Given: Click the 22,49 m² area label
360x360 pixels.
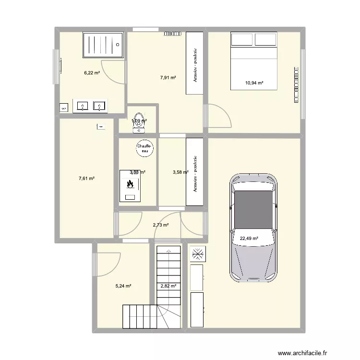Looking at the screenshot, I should pyautogui.click(x=249, y=238).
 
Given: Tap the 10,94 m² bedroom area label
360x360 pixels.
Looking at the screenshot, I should pyautogui.click(x=254, y=83).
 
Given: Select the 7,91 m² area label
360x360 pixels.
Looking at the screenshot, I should pyautogui.click(x=168, y=77).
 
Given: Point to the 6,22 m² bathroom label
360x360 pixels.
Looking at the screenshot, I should pyautogui.click(x=92, y=73).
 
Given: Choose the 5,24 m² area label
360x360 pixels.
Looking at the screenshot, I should pyautogui.click(x=123, y=286).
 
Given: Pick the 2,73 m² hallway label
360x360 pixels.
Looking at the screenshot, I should pyautogui.click(x=160, y=225).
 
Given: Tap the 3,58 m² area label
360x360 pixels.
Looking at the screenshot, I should pyautogui.click(x=181, y=172).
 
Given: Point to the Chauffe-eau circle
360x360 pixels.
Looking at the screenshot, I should pyautogui.click(x=144, y=148).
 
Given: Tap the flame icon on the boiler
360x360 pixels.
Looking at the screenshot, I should pyautogui.click(x=130, y=183).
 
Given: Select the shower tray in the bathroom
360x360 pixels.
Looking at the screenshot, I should pyautogui.click(x=104, y=45).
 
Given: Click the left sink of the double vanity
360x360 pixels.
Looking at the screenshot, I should pyautogui.click(x=82, y=106).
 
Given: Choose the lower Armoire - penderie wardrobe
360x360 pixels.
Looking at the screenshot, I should pyautogui.click(x=194, y=173).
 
